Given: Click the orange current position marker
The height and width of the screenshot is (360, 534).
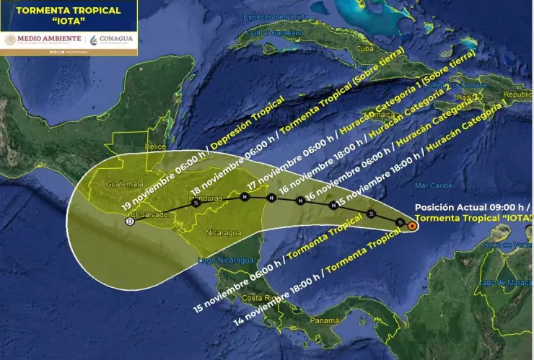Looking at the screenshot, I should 411,226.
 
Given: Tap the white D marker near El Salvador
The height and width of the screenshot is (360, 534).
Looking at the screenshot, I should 130,221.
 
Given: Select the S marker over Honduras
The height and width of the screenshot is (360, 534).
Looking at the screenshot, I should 196,203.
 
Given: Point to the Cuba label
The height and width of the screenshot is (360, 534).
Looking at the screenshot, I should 365,49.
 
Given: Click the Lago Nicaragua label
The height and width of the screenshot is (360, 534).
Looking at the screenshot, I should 225,260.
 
